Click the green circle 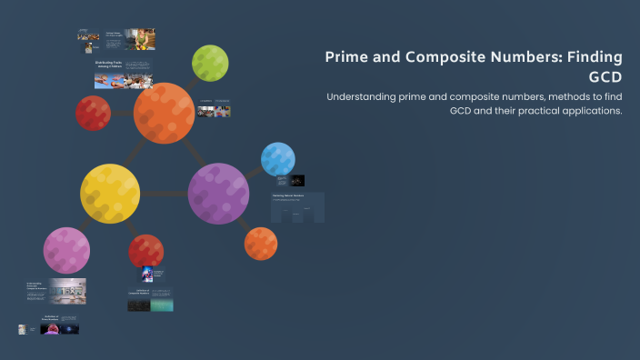pos(210,63)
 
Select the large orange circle pos(164,113)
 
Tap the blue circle pos(277,159)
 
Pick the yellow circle pos(110,193)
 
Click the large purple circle pos(218,193)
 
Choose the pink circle pos(66,250)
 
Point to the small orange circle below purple pos(261,243)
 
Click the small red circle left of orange pos(93,113)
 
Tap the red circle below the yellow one pos(145,251)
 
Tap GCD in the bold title pos(605,76)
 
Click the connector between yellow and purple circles pos(164,193)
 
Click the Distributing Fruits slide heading pos(108,64)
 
